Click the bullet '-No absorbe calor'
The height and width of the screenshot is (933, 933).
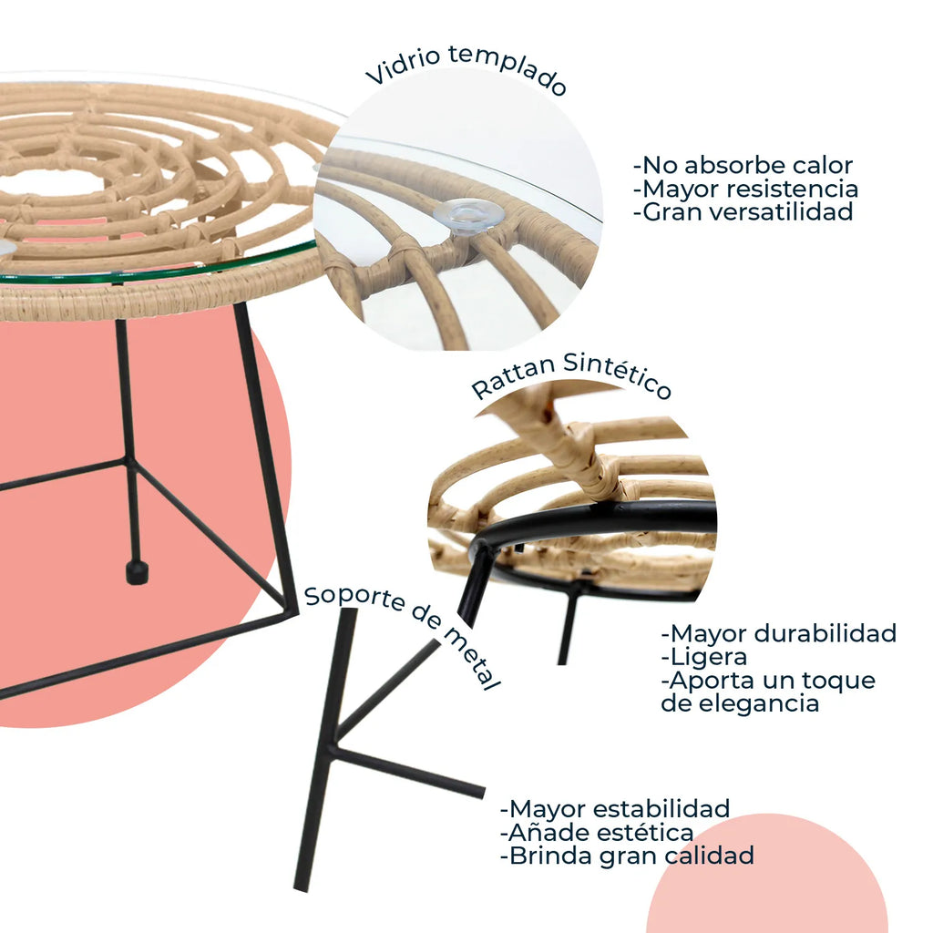[x=743, y=166]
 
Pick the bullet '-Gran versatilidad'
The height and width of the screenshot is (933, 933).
[x=743, y=213]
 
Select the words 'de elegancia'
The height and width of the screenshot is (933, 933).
[x=740, y=704]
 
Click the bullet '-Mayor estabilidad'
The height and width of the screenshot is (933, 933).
[x=615, y=809]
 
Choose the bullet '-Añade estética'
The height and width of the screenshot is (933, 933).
[x=597, y=833]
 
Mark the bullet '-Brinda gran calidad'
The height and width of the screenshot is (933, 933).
[x=627, y=856]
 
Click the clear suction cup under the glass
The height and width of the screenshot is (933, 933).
[x=468, y=215]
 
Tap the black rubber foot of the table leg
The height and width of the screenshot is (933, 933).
[x=137, y=572]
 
